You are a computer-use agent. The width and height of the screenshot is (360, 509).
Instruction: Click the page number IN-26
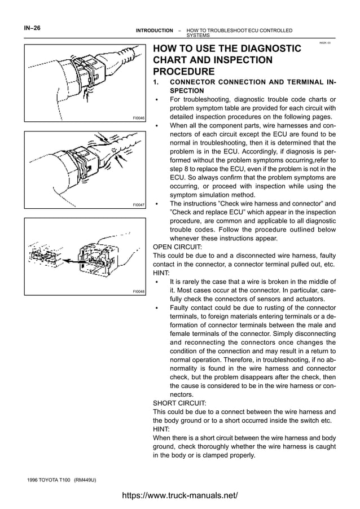[32, 27]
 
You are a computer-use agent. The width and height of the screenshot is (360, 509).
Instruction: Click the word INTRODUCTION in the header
[155, 30]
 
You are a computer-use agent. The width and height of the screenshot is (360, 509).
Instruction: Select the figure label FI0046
[138, 118]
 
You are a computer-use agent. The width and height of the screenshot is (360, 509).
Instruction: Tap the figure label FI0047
[138, 205]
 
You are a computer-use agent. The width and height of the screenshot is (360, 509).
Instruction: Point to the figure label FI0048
[138, 291]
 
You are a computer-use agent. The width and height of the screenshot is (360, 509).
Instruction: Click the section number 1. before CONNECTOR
[157, 82]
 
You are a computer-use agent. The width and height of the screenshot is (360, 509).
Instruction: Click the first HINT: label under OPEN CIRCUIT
[161, 273]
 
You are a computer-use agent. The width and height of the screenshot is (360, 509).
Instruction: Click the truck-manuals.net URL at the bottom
[180, 495]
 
